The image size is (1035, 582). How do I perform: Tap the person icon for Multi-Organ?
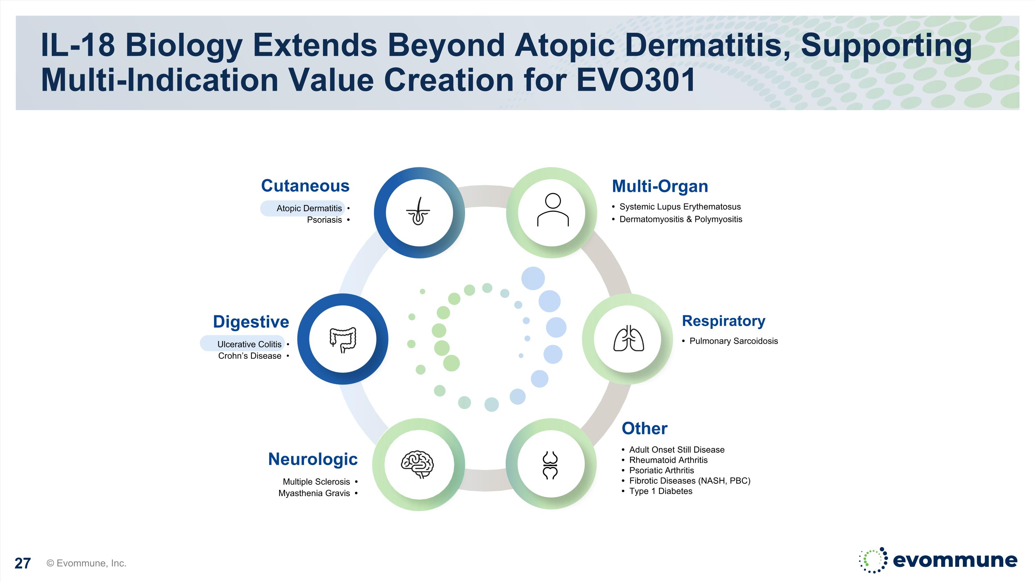553,210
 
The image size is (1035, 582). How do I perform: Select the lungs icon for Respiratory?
628,339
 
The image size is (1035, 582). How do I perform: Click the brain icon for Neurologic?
417,464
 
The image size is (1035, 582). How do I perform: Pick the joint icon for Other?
550,465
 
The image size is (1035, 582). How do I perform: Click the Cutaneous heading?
305,186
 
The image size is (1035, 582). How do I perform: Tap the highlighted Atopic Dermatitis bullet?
309,208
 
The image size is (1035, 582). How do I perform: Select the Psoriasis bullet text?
324,220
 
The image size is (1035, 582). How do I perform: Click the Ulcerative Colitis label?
249,344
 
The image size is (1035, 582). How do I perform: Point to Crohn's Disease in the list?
249,356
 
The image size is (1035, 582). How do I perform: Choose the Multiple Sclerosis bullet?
316,482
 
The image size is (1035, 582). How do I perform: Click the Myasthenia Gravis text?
314,493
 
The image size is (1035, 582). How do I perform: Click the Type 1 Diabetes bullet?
661,491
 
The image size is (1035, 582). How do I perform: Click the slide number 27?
22,563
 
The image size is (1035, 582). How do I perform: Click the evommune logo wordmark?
955,560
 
